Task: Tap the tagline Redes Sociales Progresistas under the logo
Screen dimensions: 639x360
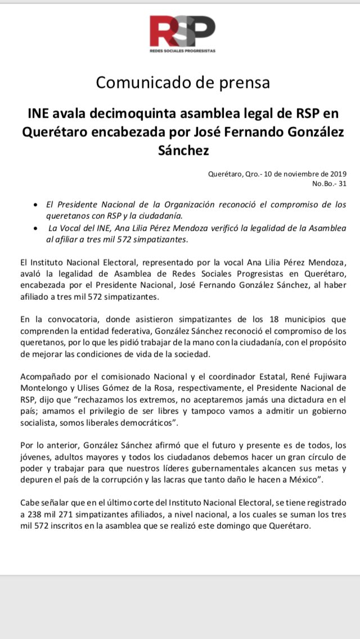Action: (x=182, y=51)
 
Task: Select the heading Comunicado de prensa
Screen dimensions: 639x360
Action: (x=183, y=82)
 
